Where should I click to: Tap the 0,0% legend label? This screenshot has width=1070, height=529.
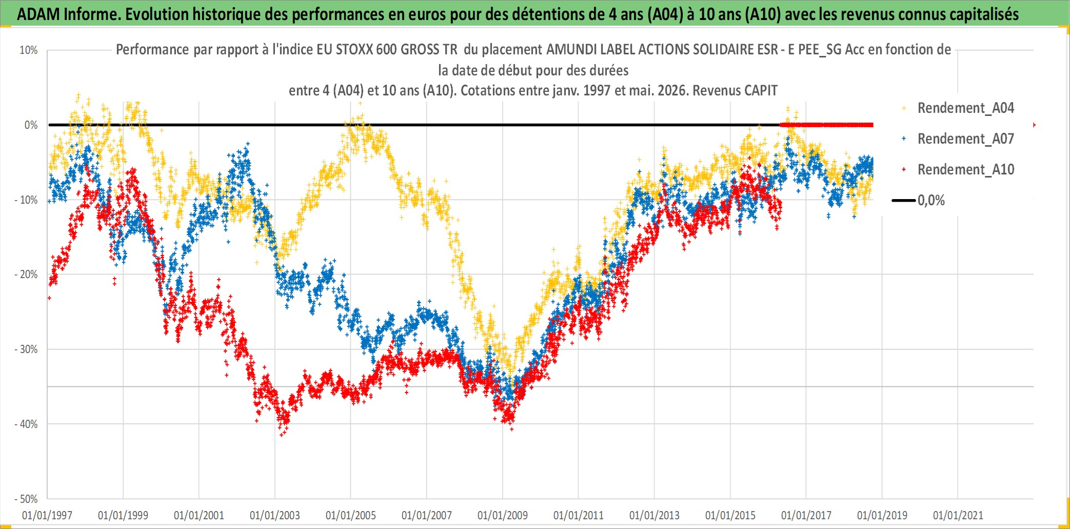click(x=931, y=200)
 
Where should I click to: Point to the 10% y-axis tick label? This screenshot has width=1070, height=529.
click(x=29, y=50)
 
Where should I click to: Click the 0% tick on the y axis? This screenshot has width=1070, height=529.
click(x=31, y=125)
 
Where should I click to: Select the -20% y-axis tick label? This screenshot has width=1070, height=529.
click(x=26, y=275)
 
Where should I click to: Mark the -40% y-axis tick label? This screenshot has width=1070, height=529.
click(x=26, y=424)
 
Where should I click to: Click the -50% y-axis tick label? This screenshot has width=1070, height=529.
click(x=26, y=499)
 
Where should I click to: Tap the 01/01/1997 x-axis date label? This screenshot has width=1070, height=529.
click(x=47, y=515)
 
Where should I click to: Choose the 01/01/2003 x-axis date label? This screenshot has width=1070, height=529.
click(x=275, y=515)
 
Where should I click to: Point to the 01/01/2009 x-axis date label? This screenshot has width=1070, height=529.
click(x=503, y=515)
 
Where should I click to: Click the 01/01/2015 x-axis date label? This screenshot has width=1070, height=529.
click(x=730, y=515)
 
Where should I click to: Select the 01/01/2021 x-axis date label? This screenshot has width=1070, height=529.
click(x=958, y=515)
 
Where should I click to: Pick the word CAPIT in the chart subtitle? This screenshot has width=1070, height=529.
click(x=762, y=90)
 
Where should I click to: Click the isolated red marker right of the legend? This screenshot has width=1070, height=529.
click(x=1034, y=125)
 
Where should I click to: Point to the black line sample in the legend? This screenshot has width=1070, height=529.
click(x=904, y=200)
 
